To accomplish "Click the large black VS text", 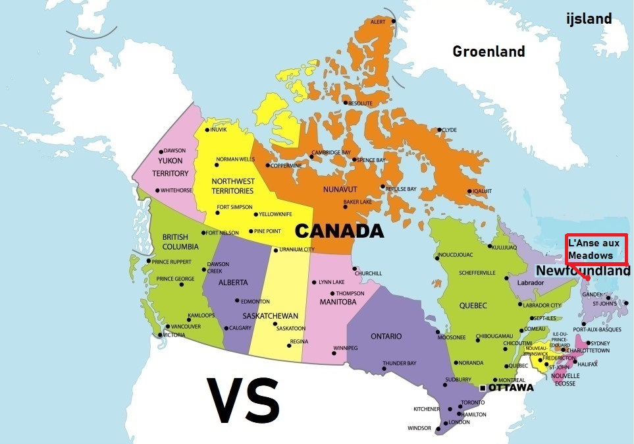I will (243, 401).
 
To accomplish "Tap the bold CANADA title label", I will (338, 231).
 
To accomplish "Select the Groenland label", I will (489, 51).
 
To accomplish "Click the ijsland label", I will (589, 18).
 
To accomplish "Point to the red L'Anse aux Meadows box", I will (596, 249).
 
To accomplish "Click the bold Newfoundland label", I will (583, 271).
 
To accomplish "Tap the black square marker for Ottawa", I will (483, 387).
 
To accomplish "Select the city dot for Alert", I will (394, 21).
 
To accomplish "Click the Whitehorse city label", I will (176, 191).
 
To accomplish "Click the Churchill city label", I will (368, 273).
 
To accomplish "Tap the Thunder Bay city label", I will (399, 363).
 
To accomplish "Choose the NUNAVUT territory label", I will (340, 190).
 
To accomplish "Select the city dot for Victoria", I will (160, 335).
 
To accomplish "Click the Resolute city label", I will (360, 103).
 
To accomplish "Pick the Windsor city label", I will (419, 428).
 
